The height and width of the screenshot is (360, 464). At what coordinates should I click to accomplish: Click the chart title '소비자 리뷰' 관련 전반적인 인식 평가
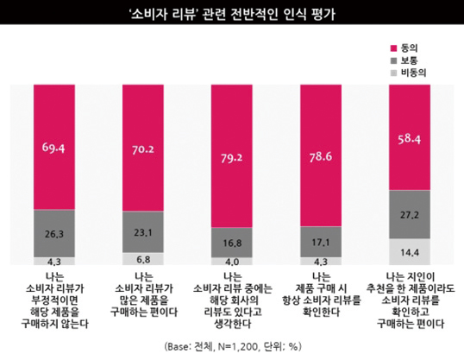232,13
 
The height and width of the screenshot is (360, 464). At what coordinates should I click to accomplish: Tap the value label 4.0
232,261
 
